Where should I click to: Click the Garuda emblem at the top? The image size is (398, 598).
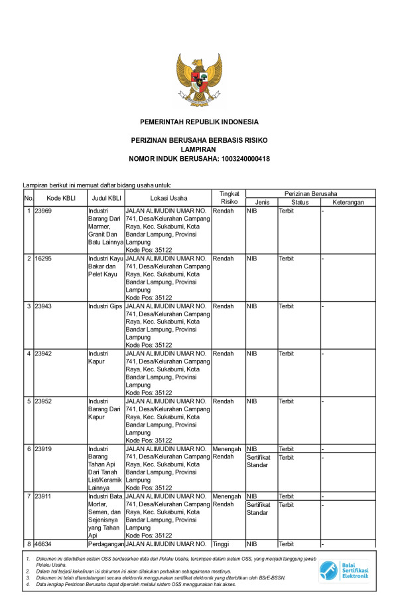(x=199, y=80)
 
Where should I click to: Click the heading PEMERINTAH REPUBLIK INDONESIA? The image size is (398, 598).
(x=199, y=122)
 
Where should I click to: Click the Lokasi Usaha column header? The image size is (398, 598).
(x=168, y=198)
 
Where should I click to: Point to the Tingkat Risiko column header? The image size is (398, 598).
(x=229, y=197)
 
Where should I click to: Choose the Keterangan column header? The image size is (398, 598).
(x=348, y=202)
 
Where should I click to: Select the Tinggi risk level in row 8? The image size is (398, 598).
(x=220, y=544)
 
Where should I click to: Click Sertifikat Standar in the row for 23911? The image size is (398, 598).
(x=259, y=508)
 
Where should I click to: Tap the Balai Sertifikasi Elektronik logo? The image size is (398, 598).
(x=344, y=570)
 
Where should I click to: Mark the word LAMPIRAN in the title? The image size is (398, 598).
(x=199, y=150)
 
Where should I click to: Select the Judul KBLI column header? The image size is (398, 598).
(x=105, y=198)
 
